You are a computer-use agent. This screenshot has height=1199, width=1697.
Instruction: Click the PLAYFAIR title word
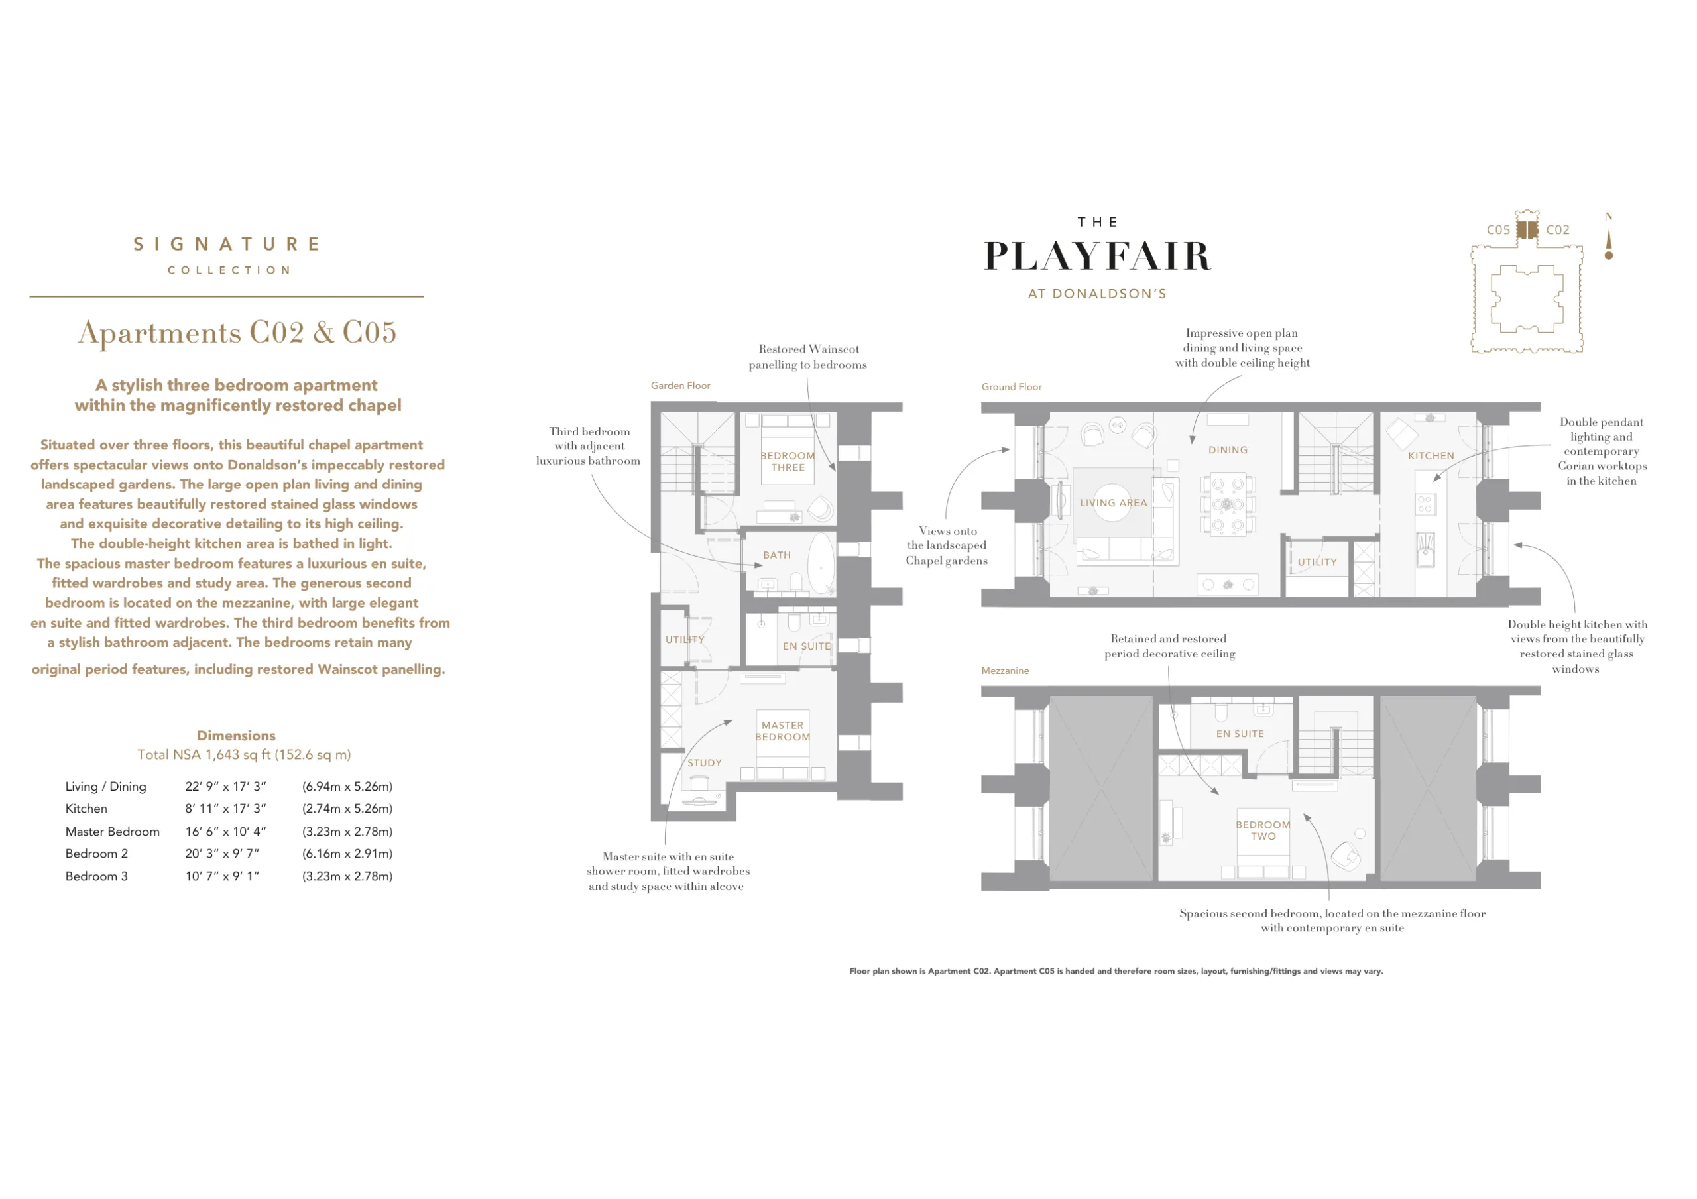coord(1098,256)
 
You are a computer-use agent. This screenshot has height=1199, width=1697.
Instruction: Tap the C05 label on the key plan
coord(1498,230)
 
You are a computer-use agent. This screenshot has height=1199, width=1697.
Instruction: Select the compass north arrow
coord(1609,237)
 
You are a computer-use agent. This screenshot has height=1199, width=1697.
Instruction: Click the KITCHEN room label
coord(1431,456)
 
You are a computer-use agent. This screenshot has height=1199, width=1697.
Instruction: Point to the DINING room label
coord(1228,450)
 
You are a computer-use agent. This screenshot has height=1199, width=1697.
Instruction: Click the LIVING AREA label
coord(1113,502)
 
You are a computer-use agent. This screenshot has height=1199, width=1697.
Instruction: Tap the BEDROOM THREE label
coord(788,462)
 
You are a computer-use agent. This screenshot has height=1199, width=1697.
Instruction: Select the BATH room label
coord(777,555)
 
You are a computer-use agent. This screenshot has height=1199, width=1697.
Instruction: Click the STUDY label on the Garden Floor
coord(705,763)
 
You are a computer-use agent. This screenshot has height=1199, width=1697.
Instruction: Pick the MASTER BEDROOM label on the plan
coord(783,731)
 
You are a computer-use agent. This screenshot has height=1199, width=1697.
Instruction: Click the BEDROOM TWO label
coord(1263,830)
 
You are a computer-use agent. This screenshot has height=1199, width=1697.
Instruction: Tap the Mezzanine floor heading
coord(1005,671)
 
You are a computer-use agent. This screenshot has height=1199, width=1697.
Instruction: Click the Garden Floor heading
coord(680,386)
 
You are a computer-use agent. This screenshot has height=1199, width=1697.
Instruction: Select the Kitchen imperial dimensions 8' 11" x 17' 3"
coord(225,809)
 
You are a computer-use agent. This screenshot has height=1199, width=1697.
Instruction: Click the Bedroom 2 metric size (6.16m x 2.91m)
coord(347,854)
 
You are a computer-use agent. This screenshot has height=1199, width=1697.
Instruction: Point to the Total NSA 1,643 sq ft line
coord(244,755)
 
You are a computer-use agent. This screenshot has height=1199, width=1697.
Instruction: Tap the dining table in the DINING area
coord(1227,505)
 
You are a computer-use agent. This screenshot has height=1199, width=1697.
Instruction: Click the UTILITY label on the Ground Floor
coord(1317,563)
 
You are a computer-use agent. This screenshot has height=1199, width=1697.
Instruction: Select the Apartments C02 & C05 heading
coord(237,333)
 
